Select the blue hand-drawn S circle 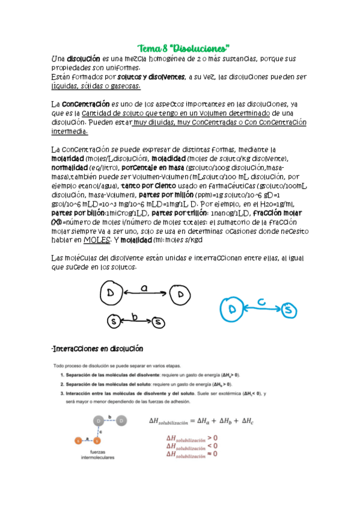(x=290, y=310)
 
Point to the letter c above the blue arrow (x=260, y=301)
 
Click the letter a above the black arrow (x=144, y=288)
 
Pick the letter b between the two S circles (x=135, y=316)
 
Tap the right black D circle (x=180, y=294)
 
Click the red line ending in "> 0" (x=192, y=438)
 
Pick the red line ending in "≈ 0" (x=192, y=455)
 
